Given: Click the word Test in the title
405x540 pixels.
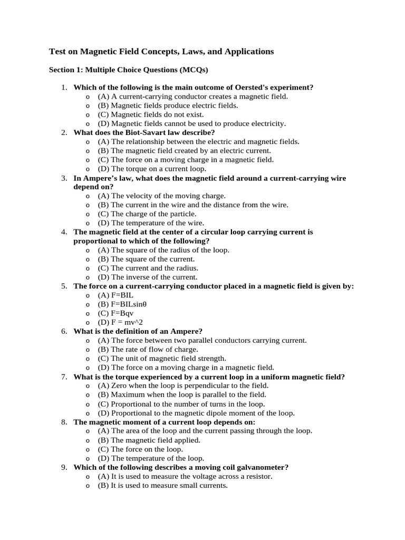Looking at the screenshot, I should click(57, 51).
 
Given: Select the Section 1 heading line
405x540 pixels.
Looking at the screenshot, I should click(129, 70).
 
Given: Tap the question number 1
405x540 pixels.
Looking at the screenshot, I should click(63, 87).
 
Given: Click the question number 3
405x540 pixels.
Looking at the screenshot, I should click(63, 178).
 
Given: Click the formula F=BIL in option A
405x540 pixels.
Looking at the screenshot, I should click(123, 295).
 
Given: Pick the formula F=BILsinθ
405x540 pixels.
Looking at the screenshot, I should click(129, 304).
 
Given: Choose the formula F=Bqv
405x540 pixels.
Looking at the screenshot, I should click(122, 313).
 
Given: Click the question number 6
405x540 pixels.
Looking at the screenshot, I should click(63, 331).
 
